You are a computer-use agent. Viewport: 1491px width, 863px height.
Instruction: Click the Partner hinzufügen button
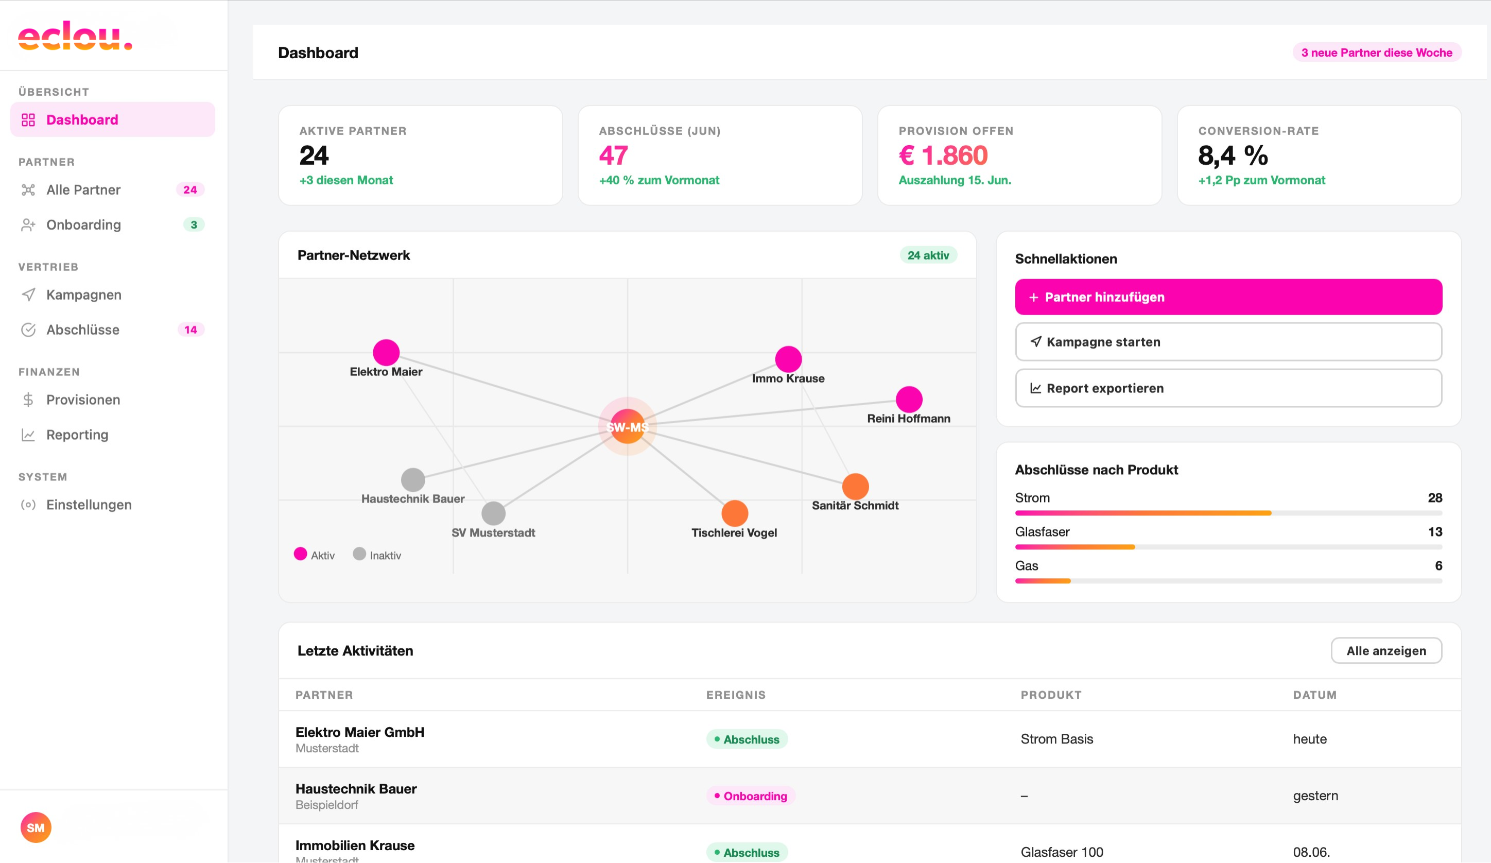tap(1228, 297)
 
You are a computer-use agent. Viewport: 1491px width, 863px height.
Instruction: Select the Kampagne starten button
tap(1228, 342)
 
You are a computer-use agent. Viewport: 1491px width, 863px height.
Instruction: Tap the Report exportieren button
tap(1228, 388)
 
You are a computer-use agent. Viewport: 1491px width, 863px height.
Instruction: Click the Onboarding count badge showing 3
tap(194, 225)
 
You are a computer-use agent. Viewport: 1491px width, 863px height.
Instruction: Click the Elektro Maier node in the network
tap(386, 353)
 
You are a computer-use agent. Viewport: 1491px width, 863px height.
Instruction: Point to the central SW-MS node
tap(627, 426)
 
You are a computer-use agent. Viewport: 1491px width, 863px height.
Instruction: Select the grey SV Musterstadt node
tap(493, 513)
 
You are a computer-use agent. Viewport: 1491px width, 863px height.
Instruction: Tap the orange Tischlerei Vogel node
tap(735, 513)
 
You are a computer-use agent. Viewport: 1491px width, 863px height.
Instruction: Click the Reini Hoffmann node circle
tap(909, 400)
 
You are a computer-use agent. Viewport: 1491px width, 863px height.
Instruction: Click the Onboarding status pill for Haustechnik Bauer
tap(750, 796)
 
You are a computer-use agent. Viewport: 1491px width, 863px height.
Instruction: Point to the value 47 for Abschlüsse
tap(613, 156)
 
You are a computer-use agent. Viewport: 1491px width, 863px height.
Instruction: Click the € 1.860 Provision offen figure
tap(943, 156)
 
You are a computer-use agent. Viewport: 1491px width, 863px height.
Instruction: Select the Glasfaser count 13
tap(1435, 532)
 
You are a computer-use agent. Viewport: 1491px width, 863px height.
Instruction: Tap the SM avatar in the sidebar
tap(36, 827)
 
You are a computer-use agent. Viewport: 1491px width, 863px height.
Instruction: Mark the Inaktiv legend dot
tap(359, 554)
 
